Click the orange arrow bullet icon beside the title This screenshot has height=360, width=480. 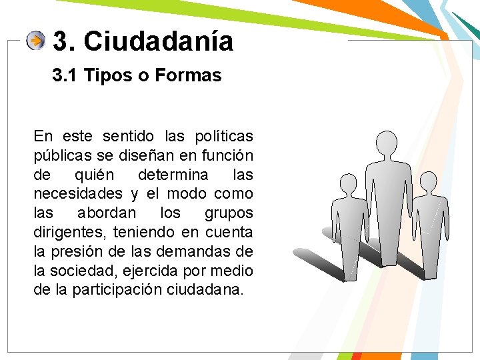point(36,41)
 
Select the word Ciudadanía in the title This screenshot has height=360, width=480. point(159,41)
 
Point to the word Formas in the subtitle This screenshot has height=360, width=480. point(188,76)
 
